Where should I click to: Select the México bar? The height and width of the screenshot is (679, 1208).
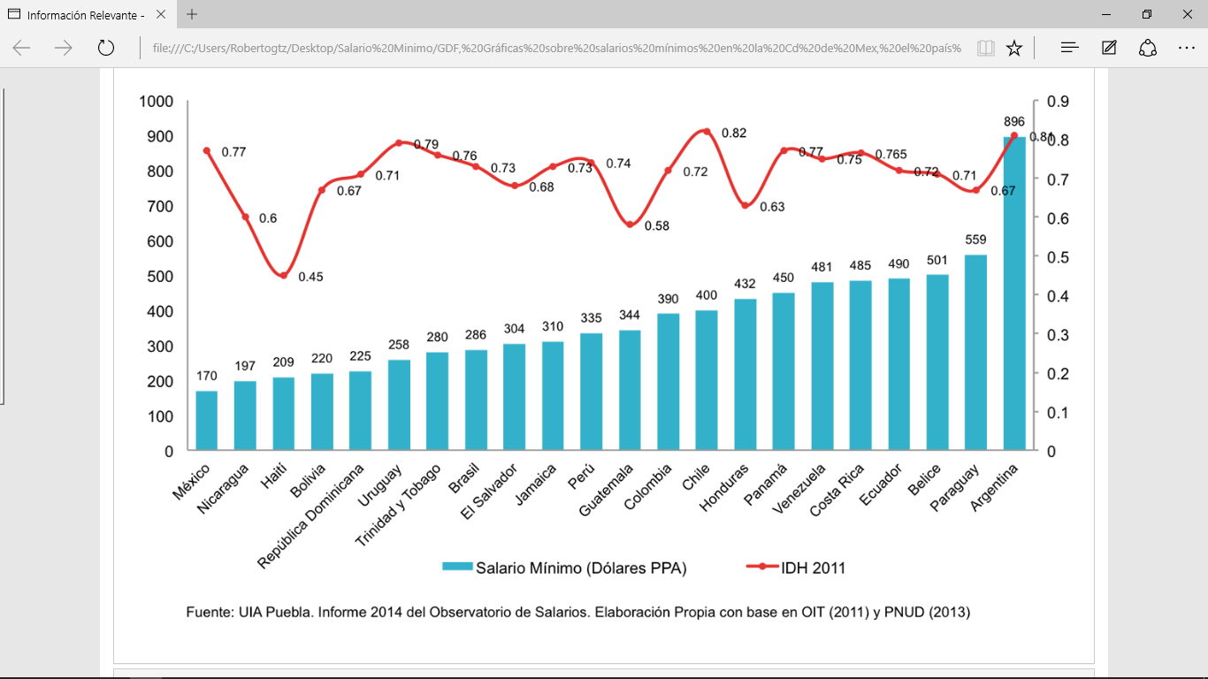coord(206,421)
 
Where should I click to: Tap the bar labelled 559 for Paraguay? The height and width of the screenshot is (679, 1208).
coord(975,353)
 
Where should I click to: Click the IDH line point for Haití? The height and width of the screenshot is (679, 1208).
coord(284,276)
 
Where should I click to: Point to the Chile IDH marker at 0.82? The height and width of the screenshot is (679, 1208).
coord(706,132)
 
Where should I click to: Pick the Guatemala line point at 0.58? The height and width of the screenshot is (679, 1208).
coord(630,225)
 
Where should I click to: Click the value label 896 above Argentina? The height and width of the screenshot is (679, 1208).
coord(1014,121)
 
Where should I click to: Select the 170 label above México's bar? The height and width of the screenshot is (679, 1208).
coord(206,376)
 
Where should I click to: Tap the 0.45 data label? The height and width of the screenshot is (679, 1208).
coord(310,277)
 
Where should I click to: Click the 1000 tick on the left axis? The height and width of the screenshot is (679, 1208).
coord(156,102)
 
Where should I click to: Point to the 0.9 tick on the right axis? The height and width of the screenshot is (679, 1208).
coord(1057,102)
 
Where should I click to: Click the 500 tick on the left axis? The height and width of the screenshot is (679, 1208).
coord(160,277)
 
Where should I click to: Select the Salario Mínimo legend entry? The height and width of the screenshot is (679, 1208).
coord(565,568)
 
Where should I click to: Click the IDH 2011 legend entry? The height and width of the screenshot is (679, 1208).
coord(796,568)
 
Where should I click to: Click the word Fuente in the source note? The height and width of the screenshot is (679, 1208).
coord(209,612)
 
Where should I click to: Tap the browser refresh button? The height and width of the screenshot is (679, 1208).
coord(106,48)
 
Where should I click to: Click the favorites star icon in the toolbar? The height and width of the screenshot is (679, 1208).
coord(1014,48)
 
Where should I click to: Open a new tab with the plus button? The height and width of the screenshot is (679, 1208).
coord(192,14)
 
